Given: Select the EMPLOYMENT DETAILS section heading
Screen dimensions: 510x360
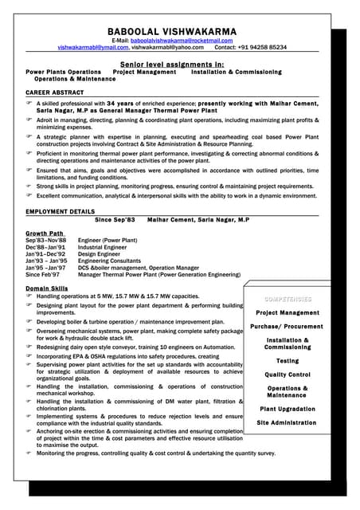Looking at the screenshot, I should tap(61, 211).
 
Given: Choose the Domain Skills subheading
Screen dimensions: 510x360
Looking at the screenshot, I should tap(47, 288).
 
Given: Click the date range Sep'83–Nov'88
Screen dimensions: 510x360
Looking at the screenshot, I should tap(47, 241).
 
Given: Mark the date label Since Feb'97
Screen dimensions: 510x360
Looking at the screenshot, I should tap(44, 275).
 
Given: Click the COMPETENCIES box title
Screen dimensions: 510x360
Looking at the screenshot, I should tap(288, 299).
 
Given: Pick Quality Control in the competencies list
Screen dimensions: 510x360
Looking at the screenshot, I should tap(288, 375).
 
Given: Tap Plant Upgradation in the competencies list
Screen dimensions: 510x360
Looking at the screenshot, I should tap(288, 409).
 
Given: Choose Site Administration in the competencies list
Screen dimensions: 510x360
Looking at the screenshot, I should tap(287, 422).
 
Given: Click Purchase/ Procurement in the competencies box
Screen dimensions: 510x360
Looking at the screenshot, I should tap(287, 326).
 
